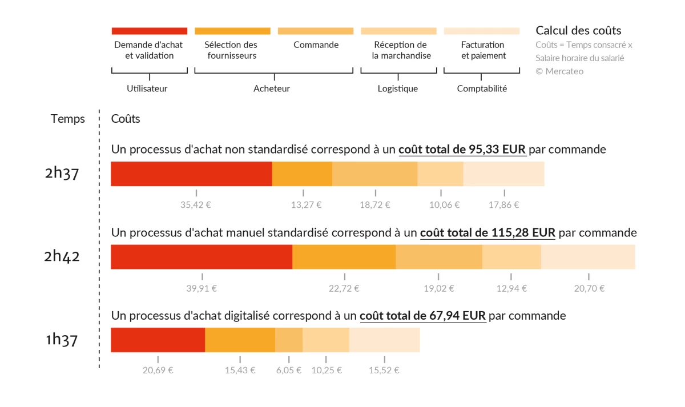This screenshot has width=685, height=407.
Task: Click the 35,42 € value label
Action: coord(196,205)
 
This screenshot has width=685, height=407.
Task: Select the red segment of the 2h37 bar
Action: coord(191,174)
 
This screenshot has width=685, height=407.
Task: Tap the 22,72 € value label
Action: coord(344,288)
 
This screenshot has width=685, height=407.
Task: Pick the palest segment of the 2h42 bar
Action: coord(588,257)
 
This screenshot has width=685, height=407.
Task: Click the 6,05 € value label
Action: coord(289,370)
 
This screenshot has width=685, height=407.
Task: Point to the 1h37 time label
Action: coord(62,340)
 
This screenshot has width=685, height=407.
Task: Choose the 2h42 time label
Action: coord(62,256)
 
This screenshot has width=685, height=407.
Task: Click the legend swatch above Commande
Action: coord(316,31)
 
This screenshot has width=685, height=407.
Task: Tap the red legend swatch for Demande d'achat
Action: coord(150,31)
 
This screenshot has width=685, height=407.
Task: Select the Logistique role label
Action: coord(398,88)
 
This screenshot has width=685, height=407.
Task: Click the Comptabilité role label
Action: coord(482,88)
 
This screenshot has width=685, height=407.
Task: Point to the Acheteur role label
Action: coord(272,88)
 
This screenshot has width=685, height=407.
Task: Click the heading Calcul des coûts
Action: coord(578,31)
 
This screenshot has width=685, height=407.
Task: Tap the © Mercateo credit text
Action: coord(559,71)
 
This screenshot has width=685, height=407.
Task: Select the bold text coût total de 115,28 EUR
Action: coord(487,233)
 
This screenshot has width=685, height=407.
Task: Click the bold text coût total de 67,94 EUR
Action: coord(422,316)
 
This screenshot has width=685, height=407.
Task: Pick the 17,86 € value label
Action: coord(505,205)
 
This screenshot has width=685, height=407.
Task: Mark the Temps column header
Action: coord(67,119)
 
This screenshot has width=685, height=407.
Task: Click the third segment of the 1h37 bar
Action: coord(289,340)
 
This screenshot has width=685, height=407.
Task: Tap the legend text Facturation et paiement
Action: coord(483,50)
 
